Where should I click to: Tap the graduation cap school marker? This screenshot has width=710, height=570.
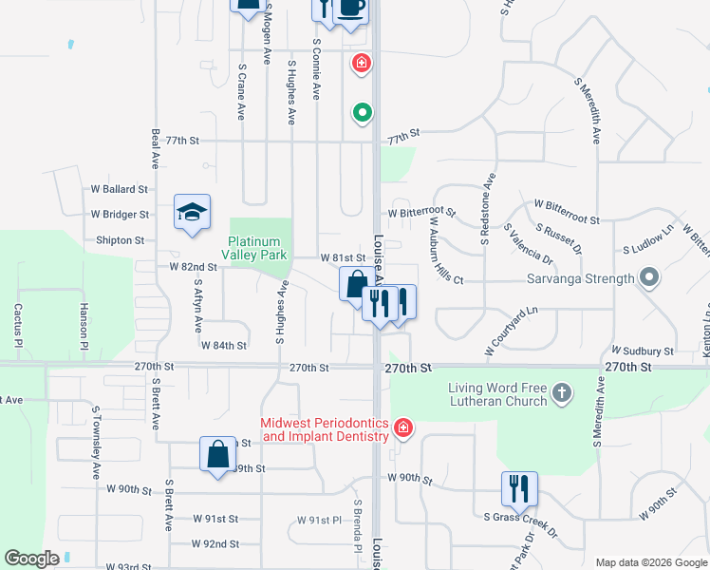pyautogui.click(x=192, y=213)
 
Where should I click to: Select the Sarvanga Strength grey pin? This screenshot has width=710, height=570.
pyautogui.click(x=649, y=279)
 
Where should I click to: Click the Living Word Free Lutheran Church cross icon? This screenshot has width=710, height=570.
pyautogui.click(x=563, y=392)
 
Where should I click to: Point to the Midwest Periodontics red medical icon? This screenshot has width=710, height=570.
pyautogui.click(x=403, y=428)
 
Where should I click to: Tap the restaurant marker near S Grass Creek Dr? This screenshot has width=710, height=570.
pyautogui.click(x=519, y=489)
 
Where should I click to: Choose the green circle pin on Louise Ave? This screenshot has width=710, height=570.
pyautogui.click(x=362, y=114)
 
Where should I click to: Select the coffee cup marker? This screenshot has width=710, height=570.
pyautogui.click(x=351, y=9)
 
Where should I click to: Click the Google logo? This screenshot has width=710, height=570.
pyautogui.click(x=31, y=559)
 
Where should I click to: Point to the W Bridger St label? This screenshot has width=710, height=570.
pyautogui.click(x=120, y=215)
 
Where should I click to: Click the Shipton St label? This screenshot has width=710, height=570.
pyautogui.click(x=120, y=240)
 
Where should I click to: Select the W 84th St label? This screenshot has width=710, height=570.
pyautogui.click(x=223, y=346)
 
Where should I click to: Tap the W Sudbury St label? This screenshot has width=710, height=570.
pyautogui.click(x=643, y=351)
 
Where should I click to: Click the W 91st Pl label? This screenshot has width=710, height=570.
pyautogui.click(x=318, y=520)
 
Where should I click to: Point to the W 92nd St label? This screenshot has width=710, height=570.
pyautogui.click(x=215, y=543)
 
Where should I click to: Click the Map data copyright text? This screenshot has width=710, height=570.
pyautogui.click(x=652, y=562)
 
